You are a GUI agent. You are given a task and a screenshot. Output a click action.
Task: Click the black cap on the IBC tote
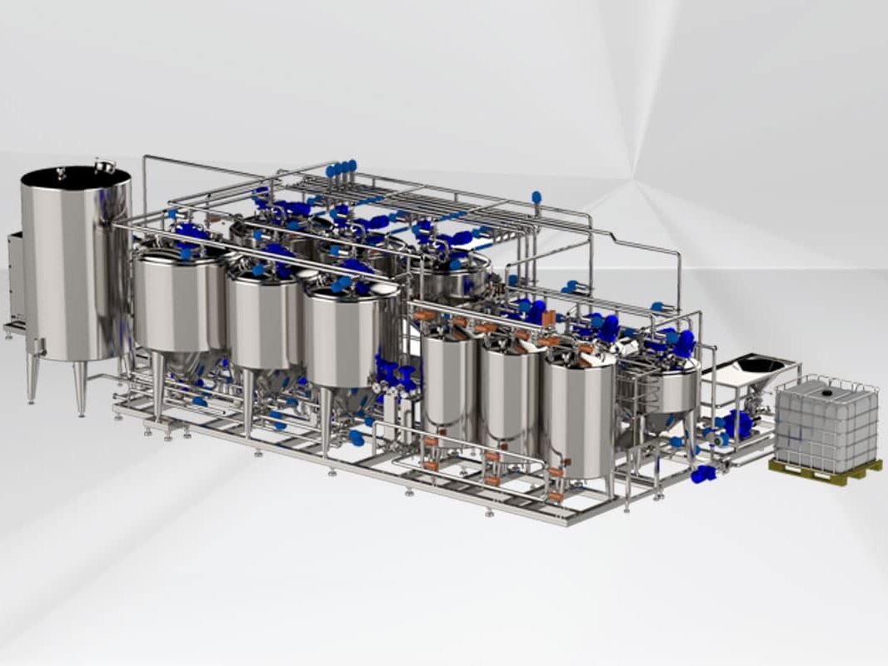point(827,389)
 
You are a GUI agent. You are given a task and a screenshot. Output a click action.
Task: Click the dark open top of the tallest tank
point(76,176)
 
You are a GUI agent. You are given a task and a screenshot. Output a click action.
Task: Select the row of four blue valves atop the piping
point(341,169)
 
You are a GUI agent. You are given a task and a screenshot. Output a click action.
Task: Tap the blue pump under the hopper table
point(736,424)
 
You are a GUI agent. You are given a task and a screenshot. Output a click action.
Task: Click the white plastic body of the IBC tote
point(825,429)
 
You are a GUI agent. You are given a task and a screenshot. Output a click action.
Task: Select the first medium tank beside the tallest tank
point(179,300)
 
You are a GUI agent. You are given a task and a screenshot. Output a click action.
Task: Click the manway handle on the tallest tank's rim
point(104,164)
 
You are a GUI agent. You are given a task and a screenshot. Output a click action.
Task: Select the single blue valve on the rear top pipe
point(536,198)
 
